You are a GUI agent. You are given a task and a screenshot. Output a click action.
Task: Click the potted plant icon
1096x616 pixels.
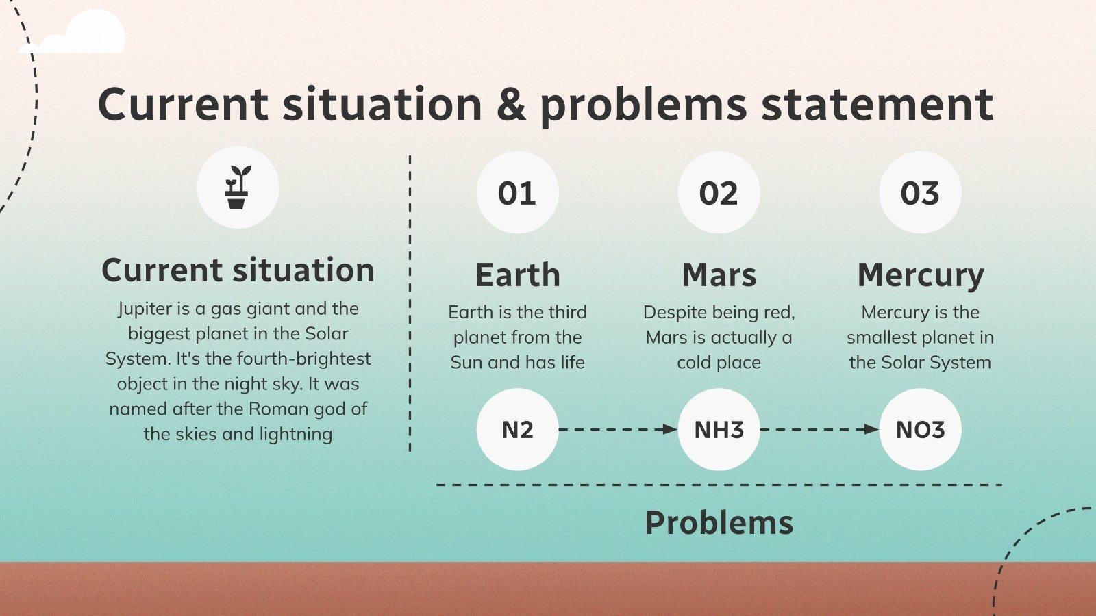238,188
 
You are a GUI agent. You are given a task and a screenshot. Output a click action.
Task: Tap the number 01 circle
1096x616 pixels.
517,192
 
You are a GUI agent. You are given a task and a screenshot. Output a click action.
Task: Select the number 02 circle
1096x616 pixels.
719,192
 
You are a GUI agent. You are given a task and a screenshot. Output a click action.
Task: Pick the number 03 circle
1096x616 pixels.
920,192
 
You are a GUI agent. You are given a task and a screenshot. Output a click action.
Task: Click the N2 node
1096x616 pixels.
517,429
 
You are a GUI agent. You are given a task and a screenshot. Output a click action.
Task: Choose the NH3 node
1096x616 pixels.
719,429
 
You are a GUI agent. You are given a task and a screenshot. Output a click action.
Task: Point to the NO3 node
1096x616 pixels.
920,429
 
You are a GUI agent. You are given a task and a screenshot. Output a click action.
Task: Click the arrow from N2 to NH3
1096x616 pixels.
618,429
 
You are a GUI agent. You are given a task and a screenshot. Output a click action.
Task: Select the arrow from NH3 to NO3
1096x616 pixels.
819,429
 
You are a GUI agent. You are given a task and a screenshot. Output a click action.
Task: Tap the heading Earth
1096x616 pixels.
517,274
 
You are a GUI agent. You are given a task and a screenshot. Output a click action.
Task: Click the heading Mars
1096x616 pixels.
719,274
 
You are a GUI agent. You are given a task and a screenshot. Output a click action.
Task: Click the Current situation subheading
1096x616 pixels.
238,270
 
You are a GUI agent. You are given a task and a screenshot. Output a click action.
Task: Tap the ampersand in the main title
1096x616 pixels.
511,104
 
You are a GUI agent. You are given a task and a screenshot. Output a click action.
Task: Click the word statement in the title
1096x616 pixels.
877,104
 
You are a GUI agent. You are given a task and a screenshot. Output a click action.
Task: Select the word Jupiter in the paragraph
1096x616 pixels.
145,309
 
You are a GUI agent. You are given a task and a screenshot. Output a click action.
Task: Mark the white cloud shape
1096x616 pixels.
73,31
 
